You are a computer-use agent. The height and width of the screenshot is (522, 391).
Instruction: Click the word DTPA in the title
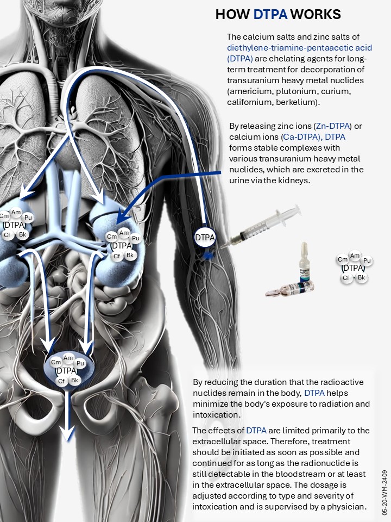[x=270, y=14]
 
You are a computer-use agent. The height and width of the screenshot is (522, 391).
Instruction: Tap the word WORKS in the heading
[x=316, y=14]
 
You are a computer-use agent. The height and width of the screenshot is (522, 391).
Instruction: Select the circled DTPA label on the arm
[x=205, y=238]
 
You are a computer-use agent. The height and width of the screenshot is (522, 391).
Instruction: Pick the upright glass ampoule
[x=305, y=262]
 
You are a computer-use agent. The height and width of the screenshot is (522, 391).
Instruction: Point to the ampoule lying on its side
[x=290, y=288]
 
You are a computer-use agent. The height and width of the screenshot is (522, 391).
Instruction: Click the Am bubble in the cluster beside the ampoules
[x=355, y=256]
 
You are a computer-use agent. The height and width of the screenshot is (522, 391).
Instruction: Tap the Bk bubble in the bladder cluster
[x=74, y=380]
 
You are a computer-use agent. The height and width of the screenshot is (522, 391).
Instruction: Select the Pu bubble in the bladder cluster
[x=80, y=363]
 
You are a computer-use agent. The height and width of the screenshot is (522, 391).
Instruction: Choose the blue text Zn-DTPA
[x=333, y=126]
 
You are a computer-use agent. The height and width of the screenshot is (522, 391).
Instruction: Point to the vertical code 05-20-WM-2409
[x=384, y=493]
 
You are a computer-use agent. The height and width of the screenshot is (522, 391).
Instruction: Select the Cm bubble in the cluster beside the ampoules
[x=343, y=260]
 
